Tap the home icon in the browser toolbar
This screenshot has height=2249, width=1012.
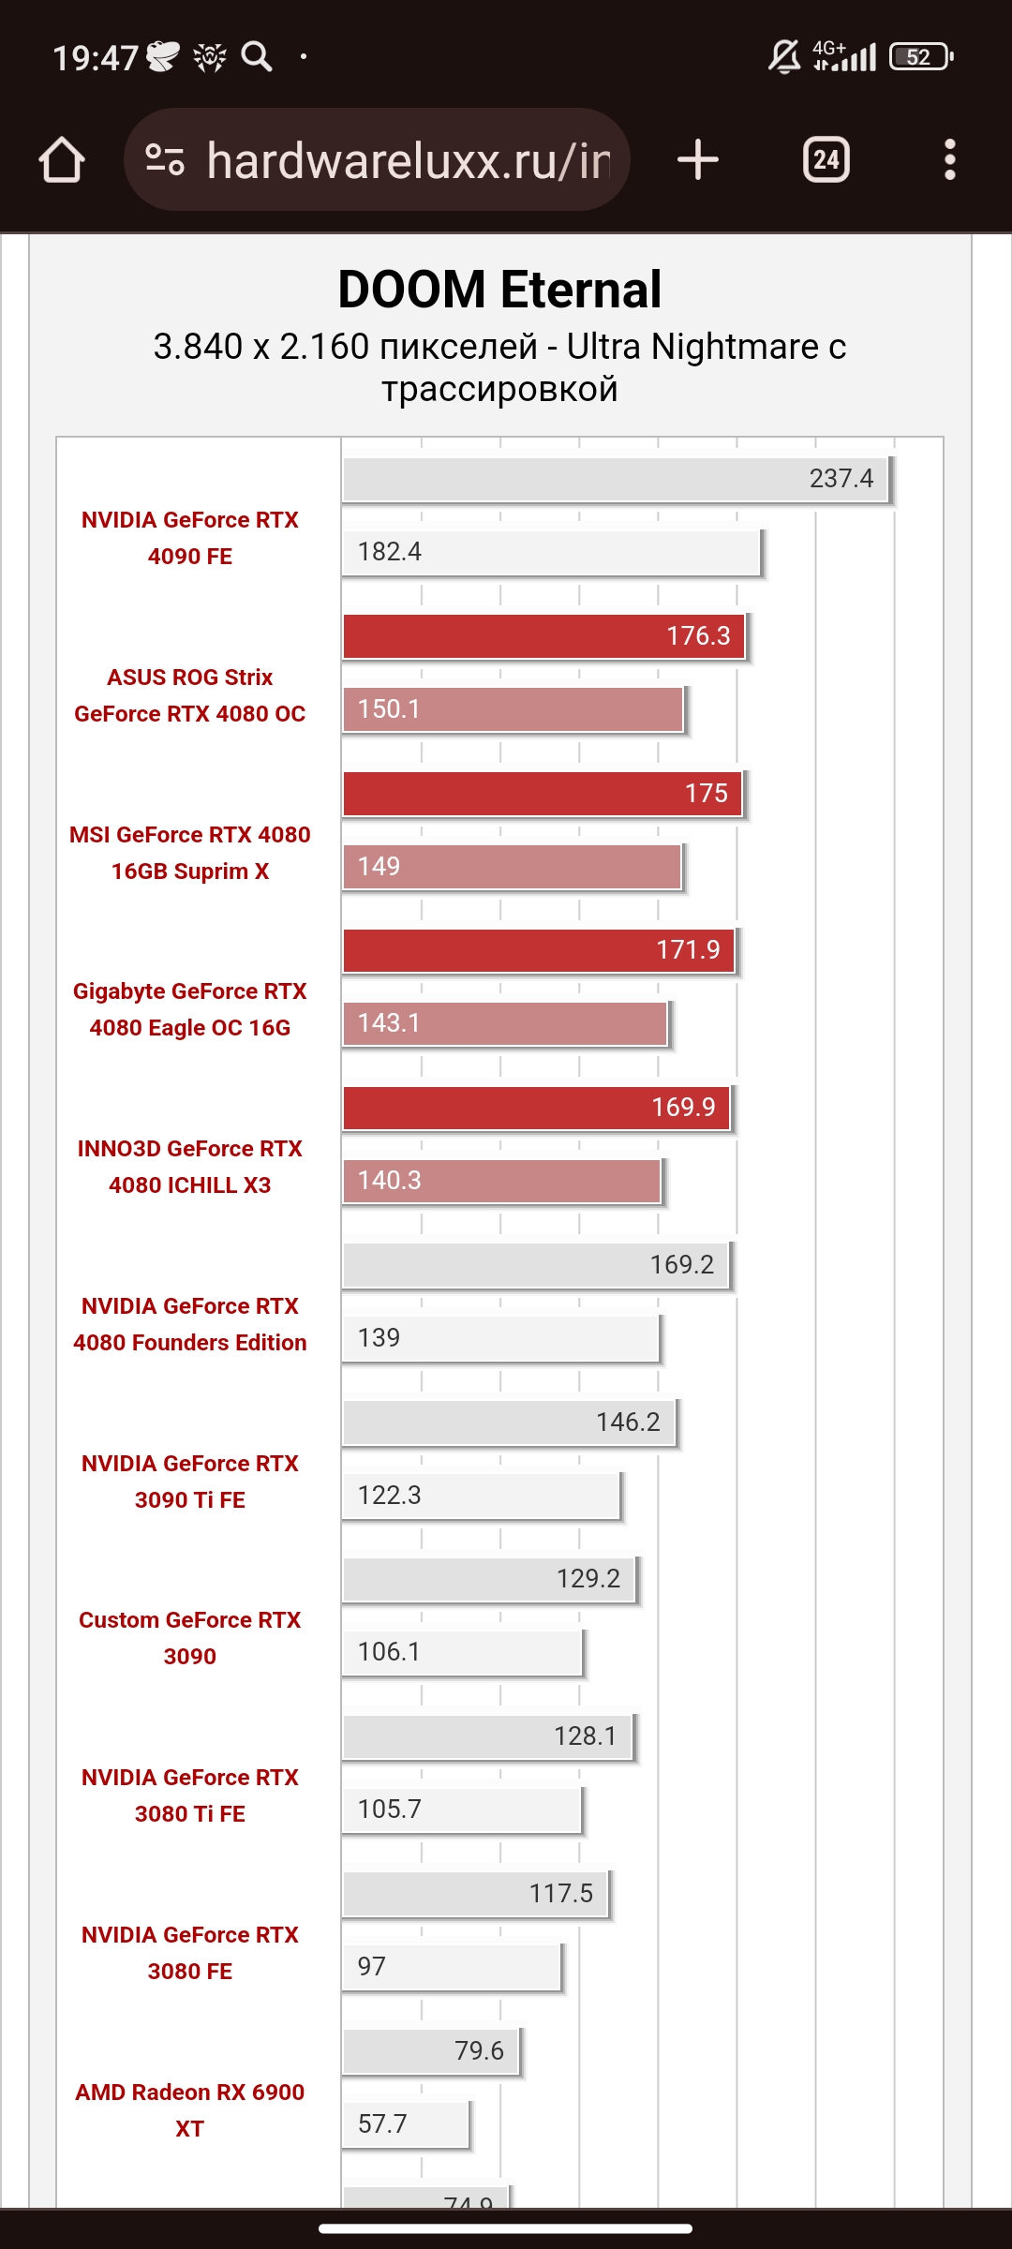[x=62, y=160]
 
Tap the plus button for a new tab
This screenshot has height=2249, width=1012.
[x=698, y=159]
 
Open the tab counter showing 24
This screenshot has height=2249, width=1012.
[x=826, y=159]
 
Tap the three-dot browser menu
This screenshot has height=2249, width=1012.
[x=949, y=159]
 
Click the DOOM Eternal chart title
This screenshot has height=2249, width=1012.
[x=499, y=290]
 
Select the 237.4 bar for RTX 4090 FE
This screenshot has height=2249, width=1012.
[x=615, y=479]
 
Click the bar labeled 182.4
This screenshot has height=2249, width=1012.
[x=551, y=552]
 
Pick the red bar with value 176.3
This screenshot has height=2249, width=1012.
[x=543, y=636]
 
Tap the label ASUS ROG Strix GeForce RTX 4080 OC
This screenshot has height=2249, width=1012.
[x=190, y=695]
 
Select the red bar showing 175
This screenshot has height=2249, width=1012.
[x=542, y=794]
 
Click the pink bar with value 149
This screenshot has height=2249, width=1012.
[x=512, y=867]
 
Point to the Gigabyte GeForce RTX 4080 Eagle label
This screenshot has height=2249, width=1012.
[x=190, y=1009]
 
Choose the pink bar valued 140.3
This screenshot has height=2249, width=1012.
[x=501, y=1181]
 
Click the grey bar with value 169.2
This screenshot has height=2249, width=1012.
[x=536, y=1265]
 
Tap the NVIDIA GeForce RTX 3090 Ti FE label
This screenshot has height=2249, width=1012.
[x=190, y=1482]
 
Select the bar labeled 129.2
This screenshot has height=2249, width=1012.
[x=489, y=1579]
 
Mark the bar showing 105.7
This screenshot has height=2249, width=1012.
[x=462, y=1810]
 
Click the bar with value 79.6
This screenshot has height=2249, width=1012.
[x=431, y=2051]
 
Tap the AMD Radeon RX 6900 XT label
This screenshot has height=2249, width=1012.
[x=190, y=2110]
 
